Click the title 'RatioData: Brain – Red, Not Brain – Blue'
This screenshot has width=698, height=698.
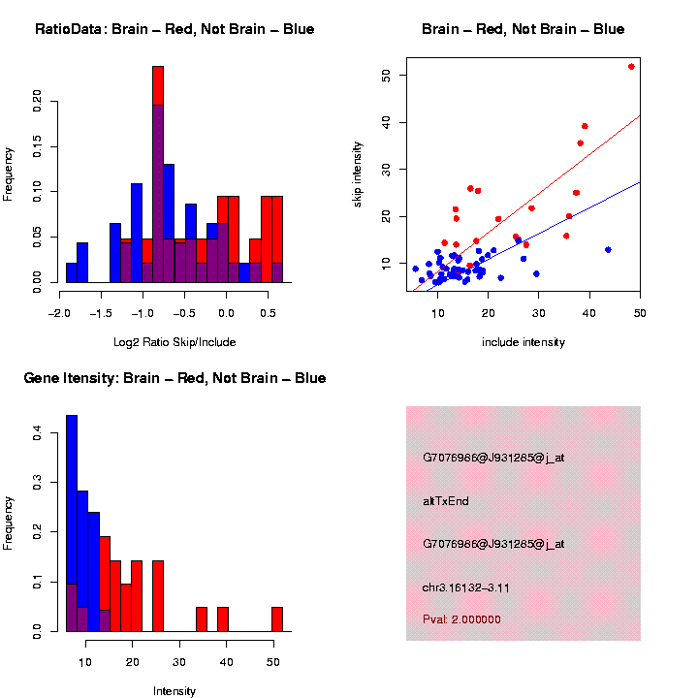[x=174, y=29]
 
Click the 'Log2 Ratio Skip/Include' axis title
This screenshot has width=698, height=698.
[x=174, y=341]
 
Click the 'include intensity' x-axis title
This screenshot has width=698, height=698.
[x=523, y=341]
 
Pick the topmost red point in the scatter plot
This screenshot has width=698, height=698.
[x=631, y=67]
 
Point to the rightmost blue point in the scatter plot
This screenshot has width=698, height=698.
[x=608, y=249]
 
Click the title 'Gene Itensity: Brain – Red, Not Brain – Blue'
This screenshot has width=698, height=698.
[x=174, y=378]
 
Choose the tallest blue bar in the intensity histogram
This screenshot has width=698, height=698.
[x=72, y=523]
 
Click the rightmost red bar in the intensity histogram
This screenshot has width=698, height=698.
[x=277, y=619]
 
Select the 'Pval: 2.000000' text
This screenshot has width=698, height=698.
[x=461, y=619]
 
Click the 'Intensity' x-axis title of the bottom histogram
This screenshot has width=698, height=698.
[x=174, y=691]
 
